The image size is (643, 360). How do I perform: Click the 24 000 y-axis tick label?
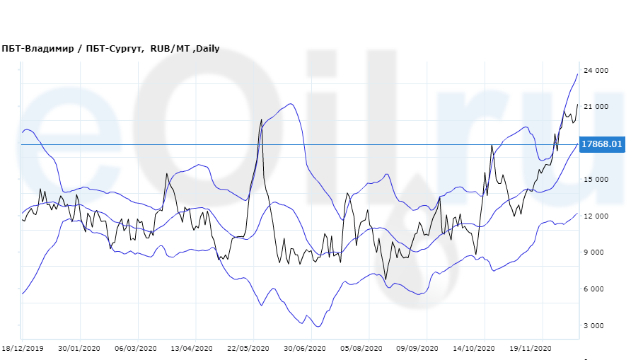pyautogui.click(x=596, y=70)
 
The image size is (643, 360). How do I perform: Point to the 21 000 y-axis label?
pyautogui.click(x=596, y=107)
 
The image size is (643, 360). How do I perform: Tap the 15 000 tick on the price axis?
pyautogui.click(x=596, y=180)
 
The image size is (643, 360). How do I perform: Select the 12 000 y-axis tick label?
pyautogui.click(x=596, y=216)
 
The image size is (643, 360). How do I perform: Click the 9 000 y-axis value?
pyautogui.click(x=598, y=252)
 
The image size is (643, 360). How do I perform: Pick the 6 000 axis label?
pyautogui.click(x=598, y=289)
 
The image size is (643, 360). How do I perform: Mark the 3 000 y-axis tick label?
pyautogui.click(x=598, y=326)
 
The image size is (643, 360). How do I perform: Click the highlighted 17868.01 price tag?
pyautogui.click(x=601, y=144)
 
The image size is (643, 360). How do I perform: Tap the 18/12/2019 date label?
pyautogui.click(x=23, y=348)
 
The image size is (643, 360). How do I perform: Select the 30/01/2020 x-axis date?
pyautogui.click(x=80, y=348)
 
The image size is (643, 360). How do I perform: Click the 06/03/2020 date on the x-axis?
pyautogui.click(x=134, y=348)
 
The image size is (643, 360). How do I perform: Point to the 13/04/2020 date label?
pyautogui.click(x=192, y=348)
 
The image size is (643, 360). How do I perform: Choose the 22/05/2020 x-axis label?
pyautogui.click(x=248, y=348)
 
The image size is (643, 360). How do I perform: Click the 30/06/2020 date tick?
pyautogui.click(x=304, y=348)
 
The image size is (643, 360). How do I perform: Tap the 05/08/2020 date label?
pyautogui.click(x=361, y=348)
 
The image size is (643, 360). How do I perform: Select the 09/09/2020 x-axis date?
pyautogui.click(x=416, y=348)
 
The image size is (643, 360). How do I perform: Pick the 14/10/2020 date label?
pyautogui.click(x=473, y=348)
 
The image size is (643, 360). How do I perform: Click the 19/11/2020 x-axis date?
pyautogui.click(x=530, y=348)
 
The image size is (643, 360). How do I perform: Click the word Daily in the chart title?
pyautogui.click(x=207, y=48)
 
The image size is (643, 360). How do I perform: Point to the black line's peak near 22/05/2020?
pyautogui.click(x=262, y=120)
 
